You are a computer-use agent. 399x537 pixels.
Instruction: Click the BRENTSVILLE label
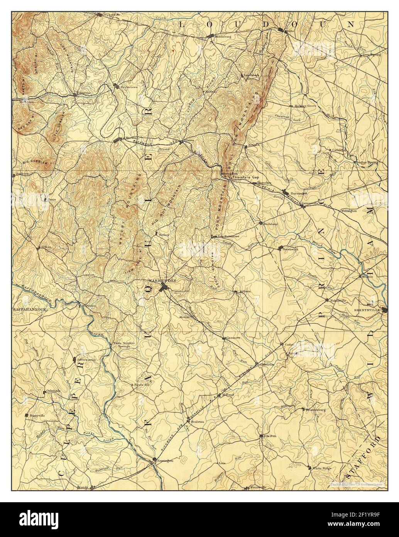pos(367,310)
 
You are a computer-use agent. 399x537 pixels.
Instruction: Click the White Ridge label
pos(322,468)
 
